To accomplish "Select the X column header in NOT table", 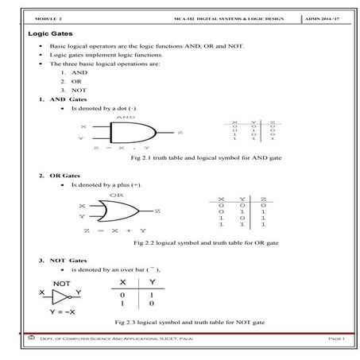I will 122,282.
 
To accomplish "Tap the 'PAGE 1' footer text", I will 334,339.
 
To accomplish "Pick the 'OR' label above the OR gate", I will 116,194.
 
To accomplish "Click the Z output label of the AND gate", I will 180,132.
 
